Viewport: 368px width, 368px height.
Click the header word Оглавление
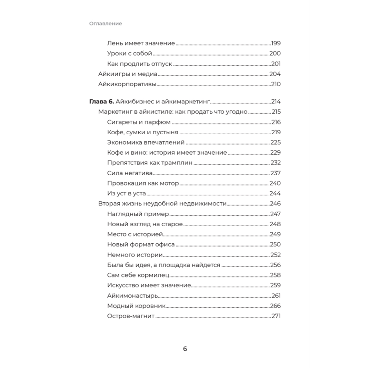[x=105, y=24]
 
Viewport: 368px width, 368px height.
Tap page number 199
[x=276, y=43]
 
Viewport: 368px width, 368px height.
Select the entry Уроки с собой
[x=130, y=53]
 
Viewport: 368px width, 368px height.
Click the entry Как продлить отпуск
[x=139, y=64]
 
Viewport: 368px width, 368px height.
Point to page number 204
[x=275, y=74]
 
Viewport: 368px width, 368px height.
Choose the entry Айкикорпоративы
[x=127, y=84]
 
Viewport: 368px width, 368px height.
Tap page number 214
[x=276, y=102]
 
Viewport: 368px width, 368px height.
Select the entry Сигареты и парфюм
[x=139, y=122]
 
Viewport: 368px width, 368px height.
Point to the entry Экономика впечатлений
[x=145, y=142]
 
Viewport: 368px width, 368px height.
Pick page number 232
[x=276, y=163]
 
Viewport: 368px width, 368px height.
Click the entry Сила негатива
[x=130, y=173]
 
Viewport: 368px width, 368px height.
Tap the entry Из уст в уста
[x=126, y=194]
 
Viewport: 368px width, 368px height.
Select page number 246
[x=275, y=204]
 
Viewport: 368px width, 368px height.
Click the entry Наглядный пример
[x=138, y=214]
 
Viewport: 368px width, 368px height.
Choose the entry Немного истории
[x=135, y=255]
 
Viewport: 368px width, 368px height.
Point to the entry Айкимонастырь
[x=133, y=296]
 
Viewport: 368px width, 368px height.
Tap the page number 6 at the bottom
[x=185, y=349]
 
